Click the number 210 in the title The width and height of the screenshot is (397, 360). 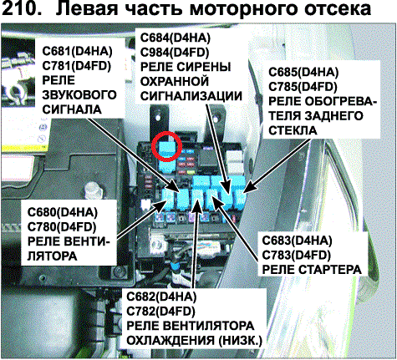click(22, 8)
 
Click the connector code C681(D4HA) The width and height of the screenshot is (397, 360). click(77, 51)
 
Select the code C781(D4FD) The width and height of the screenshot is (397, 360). click(77, 66)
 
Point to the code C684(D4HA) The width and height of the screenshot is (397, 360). click(176, 38)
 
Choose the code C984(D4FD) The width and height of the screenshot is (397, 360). click(175, 53)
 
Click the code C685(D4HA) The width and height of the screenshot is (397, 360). click(303, 73)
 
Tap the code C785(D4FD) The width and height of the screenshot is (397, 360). click(303, 87)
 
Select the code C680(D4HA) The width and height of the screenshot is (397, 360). click(63, 212)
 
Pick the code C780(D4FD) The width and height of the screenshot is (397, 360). click(62, 227)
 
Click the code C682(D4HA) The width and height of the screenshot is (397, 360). click(161, 297)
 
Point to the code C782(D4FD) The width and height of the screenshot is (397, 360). click(160, 312)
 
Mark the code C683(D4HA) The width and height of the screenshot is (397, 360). click(297, 241)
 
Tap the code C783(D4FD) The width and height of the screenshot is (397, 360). click(297, 255)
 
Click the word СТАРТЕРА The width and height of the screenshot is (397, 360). click(327, 270)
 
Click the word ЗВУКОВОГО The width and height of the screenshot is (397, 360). click(79, 95)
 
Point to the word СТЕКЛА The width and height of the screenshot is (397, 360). click(293, 130)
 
